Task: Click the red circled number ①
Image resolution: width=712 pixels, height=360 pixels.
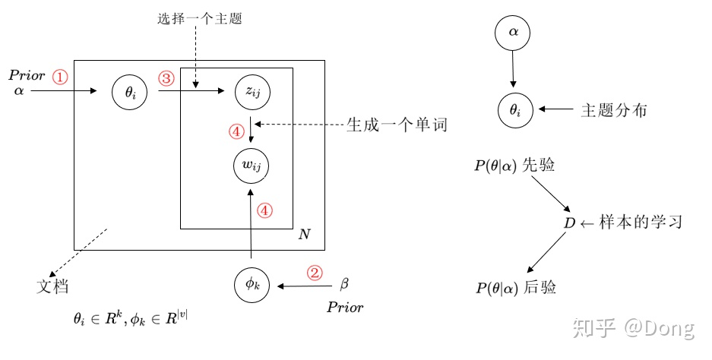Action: (x=59, y=77)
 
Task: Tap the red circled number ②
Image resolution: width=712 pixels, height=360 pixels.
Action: (x=315, y=273)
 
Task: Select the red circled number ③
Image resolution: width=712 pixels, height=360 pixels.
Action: (x=166, y=78)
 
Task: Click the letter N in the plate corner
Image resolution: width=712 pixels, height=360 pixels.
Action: (x=304, y=234)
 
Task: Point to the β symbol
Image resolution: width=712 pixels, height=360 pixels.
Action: (x=344, y=284)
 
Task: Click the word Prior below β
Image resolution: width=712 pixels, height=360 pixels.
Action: (x=345, y=308)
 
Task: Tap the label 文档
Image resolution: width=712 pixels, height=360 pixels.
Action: (x=52, y=286)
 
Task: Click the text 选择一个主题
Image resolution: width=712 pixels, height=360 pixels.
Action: (x=199, y=19)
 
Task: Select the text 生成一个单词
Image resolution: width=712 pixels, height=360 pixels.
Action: (x=397, y=125)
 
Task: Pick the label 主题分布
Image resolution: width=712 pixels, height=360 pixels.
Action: (x=614, y=110)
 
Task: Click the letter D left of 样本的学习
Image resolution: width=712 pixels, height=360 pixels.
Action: (x=569, y=223)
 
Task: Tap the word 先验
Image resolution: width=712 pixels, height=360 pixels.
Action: (x=539, y=165)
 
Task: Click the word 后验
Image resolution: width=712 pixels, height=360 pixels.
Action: (x=540, y=287)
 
